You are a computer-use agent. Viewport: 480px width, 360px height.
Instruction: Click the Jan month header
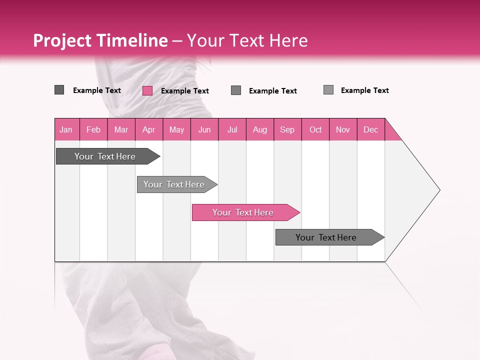click(x=66, y=129)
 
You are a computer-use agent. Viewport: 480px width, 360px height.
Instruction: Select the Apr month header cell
click(x=149, y=129)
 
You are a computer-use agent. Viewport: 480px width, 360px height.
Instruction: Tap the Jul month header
click(x=232, y=129)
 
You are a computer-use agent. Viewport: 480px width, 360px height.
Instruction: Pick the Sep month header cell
click(x=287, y=129)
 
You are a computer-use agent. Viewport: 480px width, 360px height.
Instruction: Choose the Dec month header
click(x=371, y=129)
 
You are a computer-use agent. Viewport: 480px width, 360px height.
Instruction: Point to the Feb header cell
click(x=93, y=129)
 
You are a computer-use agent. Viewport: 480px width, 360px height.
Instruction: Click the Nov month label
click(x=343, y=129)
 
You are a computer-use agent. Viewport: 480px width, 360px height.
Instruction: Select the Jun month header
click(x=204, y=129)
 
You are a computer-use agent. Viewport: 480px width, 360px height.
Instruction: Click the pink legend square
click(x=147, y=90)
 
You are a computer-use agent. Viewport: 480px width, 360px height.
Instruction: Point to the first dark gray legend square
click(x=59, y=90)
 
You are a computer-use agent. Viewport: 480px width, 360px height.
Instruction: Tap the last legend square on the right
click(x=328, y=90)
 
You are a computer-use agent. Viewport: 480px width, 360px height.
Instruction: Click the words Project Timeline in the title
click(x=100, y=40)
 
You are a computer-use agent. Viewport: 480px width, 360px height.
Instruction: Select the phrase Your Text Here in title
click(x=247, y=40)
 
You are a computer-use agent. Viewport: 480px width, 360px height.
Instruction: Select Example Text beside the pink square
click(x=184, y=91)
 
